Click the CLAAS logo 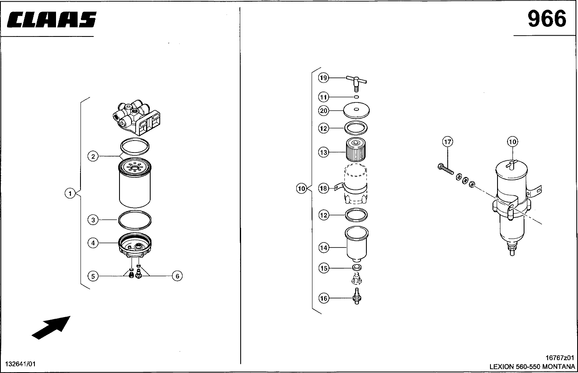(x=51, y=19)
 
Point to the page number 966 (x=547, y=19)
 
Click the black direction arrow (x=51, y=327)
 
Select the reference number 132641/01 (x=20, y=364)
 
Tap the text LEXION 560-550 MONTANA (x=532, y=366)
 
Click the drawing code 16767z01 (x=560, y=358)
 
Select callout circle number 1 (x=70, y=193)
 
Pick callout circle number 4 (x=93, y=243)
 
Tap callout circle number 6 (x=177, y=276)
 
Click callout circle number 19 (x=323, y=78)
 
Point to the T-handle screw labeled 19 (x=356, y=83)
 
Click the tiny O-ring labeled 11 (x=356, y=97)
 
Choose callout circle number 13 (x=323, y=152)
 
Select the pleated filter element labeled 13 (x=356, y=150)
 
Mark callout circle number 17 (x=448, y=141)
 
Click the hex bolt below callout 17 (x=446, y=169)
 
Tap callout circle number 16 (x=324, y=298)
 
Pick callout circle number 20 (x=324, y=111)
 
